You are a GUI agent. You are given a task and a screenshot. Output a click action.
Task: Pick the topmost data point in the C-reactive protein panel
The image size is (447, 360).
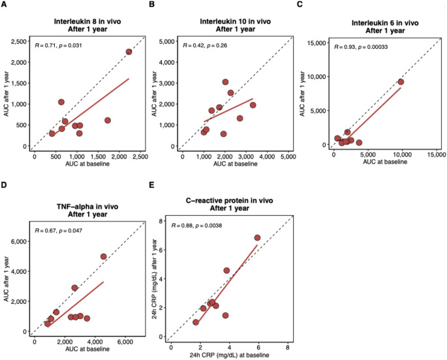pos(257,238)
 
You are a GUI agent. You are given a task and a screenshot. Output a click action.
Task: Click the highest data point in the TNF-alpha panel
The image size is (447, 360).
pos(103,256)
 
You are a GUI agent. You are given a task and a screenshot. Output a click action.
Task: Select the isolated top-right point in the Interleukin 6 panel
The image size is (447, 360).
pos(401,82)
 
